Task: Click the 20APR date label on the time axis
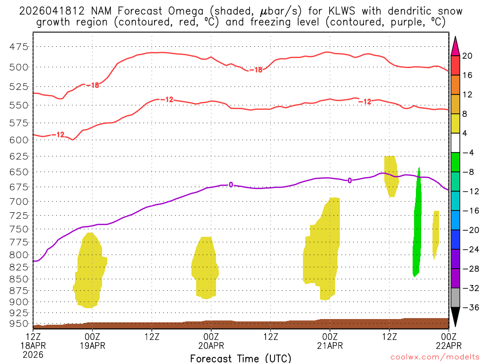(211, 345)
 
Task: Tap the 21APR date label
(330, 345)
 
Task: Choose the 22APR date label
(448, 345)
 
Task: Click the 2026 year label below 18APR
(33, 354)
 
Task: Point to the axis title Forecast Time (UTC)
(241, 358)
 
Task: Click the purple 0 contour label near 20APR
(231, 185)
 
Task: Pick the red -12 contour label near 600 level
(58, 135)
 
